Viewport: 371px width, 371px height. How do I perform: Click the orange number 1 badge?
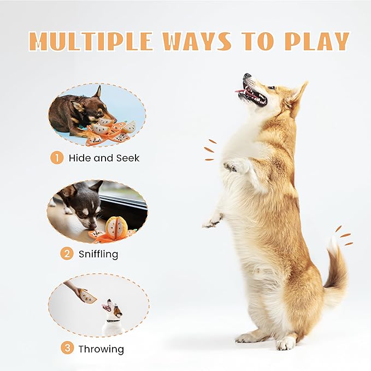point(57,158)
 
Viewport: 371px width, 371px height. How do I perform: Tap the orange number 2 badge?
point(66,254)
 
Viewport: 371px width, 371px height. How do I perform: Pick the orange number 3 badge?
point(67,348)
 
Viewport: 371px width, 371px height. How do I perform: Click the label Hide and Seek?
point(104,158)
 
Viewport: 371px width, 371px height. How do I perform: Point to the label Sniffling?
point(98,254)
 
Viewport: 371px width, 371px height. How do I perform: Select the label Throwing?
point(101,349)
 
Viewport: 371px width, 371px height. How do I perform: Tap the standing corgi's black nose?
point(247,76)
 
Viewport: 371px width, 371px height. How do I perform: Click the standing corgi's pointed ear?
point(298,93)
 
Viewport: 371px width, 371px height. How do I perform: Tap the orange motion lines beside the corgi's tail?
point(344,236)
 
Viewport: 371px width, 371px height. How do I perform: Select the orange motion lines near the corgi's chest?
point(209,150)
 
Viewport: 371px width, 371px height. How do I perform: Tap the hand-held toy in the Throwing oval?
point(86,297)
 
